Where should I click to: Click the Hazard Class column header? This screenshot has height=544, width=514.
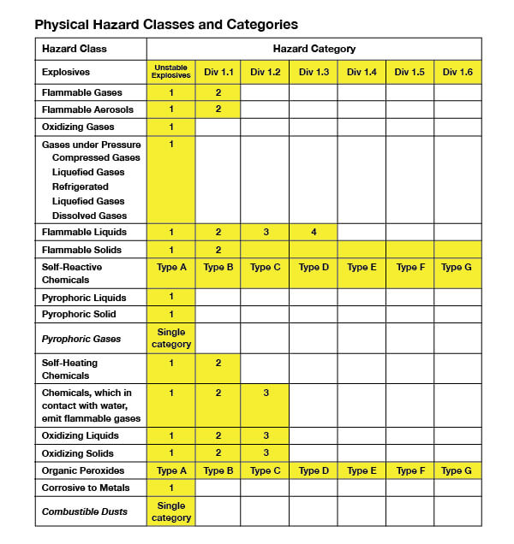click(x=75, y=49)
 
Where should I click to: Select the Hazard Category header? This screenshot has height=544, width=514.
click(x=314, y=49)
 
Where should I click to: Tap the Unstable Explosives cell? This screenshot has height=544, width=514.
click(x=171, y=72)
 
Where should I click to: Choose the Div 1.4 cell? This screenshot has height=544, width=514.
click(x=362, y=72)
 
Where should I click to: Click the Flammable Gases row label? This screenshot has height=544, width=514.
click(x=82, y=92)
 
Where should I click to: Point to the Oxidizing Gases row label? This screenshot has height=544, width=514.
click(x=78, y=127)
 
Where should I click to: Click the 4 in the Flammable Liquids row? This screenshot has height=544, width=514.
click(x=314, y=232)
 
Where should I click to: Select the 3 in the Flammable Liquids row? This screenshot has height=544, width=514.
click(x=266, y=232)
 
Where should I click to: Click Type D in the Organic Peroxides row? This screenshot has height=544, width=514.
click(x=314, y=470)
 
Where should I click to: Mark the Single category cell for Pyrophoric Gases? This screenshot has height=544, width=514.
click(x=171, y=339)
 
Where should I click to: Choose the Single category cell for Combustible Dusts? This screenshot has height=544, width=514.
click(x=171, y=511)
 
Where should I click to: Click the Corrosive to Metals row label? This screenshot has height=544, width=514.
click(x=86, y=488)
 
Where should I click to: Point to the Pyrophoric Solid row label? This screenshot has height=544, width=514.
click(x=79, y=314)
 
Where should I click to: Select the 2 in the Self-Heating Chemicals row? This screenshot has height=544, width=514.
click(x=218, y=363)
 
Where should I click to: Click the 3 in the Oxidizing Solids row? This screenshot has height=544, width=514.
click(x=266, y=453)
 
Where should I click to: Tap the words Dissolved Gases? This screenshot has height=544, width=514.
click(x=89, y=216)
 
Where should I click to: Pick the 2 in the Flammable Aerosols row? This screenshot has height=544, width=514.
click(x=218, y=109)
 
